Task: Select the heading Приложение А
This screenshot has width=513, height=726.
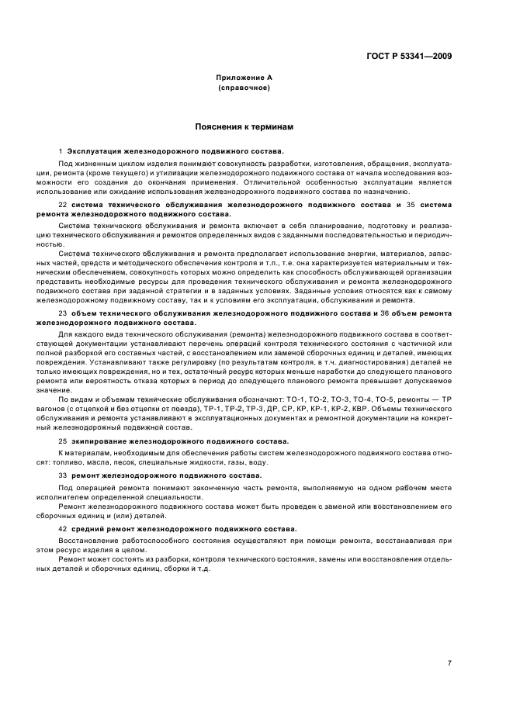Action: point(244,78)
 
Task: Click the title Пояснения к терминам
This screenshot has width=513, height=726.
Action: point(244,125)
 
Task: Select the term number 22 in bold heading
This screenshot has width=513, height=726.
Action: point(63,204)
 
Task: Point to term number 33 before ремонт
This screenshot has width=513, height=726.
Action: point(63,473)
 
